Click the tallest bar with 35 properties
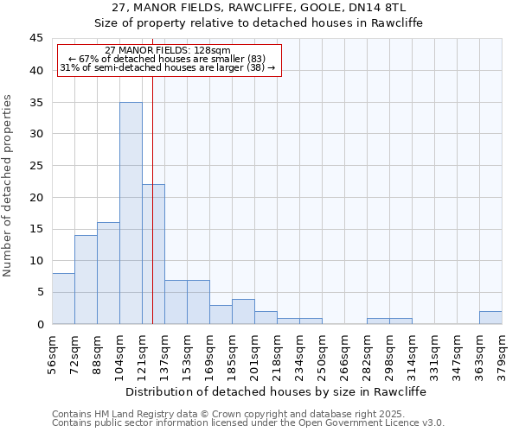(131, 213)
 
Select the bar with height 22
(153, 254)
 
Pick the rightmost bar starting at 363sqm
(490, 317)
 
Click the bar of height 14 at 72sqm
(86, 279)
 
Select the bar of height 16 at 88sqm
(108, 273)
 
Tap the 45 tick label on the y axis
(35, 39)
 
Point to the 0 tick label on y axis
(39, 324)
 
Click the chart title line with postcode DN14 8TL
(259, 7)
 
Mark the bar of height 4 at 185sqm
(243, 311)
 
